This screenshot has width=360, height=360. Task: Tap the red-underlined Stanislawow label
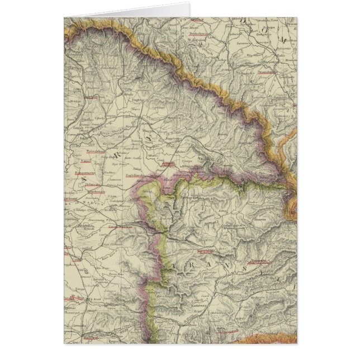click(267, 72)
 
